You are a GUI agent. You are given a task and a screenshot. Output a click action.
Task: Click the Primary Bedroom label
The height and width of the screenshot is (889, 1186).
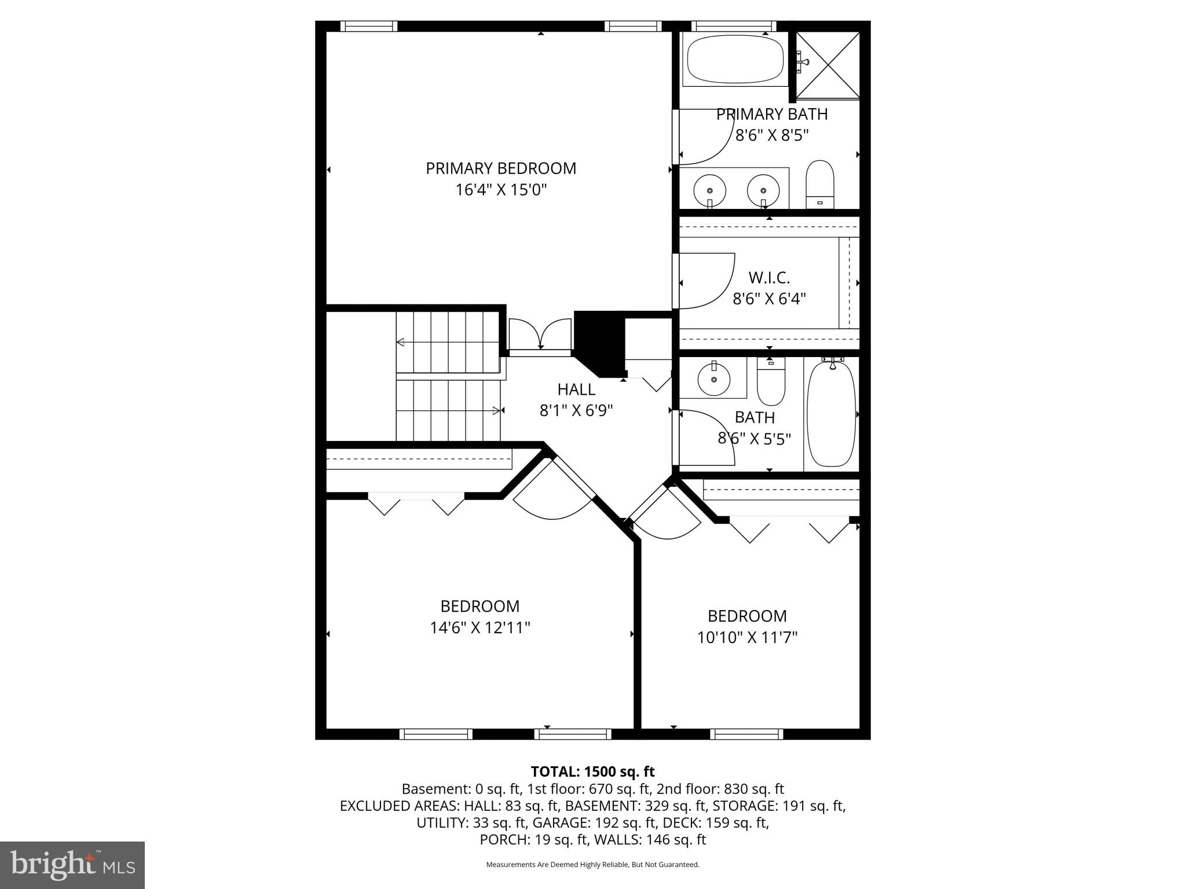coord(501,168)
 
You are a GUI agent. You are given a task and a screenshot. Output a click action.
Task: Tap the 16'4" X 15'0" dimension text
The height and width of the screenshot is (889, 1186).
coord(501,190)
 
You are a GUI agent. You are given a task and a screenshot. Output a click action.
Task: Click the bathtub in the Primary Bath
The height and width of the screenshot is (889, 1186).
coord(735,60)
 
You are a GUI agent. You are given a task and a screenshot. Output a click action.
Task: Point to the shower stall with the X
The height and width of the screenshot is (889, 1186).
coord(828,65)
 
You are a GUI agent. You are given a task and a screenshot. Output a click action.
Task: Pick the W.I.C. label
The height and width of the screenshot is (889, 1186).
coord(769,278)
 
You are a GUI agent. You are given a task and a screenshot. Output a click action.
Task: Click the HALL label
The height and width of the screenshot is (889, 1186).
coord(576,389)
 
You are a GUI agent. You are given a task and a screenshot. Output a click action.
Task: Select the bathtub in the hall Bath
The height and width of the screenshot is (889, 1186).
coord(831,413)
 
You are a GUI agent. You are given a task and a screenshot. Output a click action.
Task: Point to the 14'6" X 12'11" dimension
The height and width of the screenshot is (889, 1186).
coord(480,627)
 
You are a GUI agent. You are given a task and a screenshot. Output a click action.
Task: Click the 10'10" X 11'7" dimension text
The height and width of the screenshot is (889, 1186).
coord(747,637)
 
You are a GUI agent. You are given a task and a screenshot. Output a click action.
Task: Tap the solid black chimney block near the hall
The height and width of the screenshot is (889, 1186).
coord(598,343)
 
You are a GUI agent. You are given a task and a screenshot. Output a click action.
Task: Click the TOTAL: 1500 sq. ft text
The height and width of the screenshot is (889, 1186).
coord(592,772)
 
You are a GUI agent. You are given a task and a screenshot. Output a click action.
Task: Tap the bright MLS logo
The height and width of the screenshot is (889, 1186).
coord(72,865)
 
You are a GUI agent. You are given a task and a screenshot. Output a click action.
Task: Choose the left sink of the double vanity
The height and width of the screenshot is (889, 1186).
coord(709,189)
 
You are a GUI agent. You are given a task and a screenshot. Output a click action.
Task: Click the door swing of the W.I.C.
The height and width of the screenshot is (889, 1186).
coord(707,281)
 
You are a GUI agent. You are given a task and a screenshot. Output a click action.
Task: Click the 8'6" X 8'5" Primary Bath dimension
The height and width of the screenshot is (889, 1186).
coord(771,135)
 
